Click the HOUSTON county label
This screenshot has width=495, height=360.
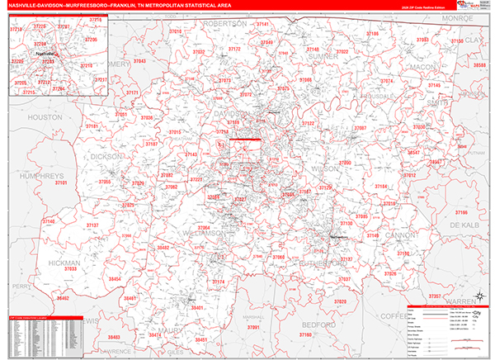(45, 118)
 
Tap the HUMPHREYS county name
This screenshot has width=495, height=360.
(31, 177)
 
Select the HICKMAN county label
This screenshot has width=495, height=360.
(65, 263)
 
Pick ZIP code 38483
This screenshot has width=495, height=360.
(112, 337)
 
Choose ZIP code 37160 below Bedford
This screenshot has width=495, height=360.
(305, 336)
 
